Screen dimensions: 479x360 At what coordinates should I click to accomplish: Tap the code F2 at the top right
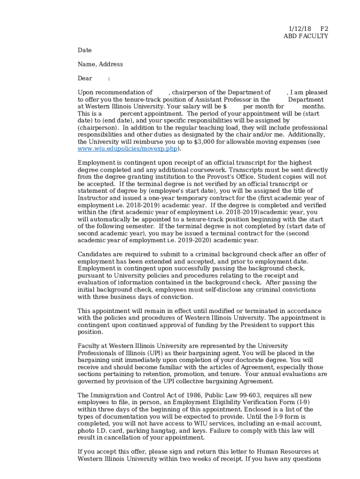[x=324, y=29]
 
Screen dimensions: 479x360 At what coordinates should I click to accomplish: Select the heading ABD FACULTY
[x=306, y=36]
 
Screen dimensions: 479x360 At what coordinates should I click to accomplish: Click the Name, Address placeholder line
[x=100, y=64]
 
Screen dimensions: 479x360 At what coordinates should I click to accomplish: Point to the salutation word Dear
[x=85, y=78]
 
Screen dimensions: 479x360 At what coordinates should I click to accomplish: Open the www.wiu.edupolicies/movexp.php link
[x=127, y=149]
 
